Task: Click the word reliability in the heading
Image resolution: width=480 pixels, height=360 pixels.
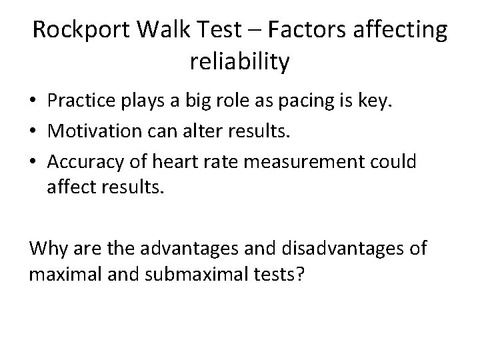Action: [240, 63]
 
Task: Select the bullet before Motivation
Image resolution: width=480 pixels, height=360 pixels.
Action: [33, 135]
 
